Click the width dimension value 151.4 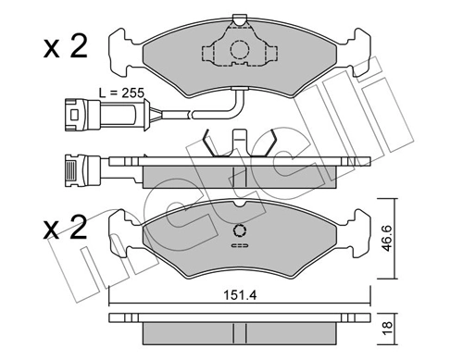pyautogui.click(x=240, y=295)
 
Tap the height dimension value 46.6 pyautogui.click(x=387, y=238)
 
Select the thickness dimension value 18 pyautogui.click(x=387, y=328)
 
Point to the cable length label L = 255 pyautogui.click(x=121, y=93)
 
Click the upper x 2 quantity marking pyautogui.click(x=66, y=46)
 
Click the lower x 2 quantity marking pyautogui.click(x=66, y=228)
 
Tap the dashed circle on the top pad pyautogui.click(x=239, y=49)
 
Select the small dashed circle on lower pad pyautogui.click(x=240, y=230)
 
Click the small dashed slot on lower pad pyautogui.click(x=240, y=245)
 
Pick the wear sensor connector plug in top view pyautogui.click(x=82, y=114)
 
